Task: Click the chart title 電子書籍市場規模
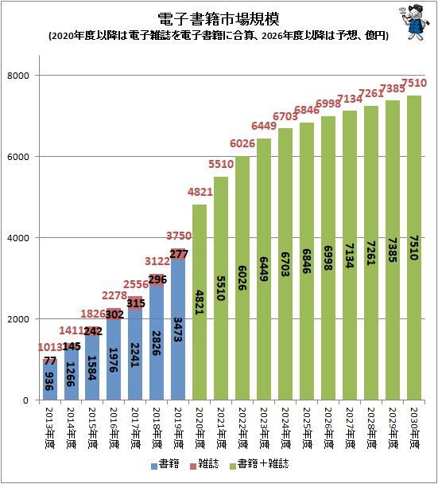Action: coord(219,19)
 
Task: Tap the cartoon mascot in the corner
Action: coord(414,22)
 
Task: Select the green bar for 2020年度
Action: coord(200,302)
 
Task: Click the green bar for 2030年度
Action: coord(414,248)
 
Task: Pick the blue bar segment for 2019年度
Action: coord(178,330)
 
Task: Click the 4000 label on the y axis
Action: coord(17,238)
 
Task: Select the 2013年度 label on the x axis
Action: coord(49,428)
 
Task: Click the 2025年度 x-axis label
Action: coord(307,428)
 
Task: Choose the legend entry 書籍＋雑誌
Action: coord(259,464)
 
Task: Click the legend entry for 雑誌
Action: coord(204,464)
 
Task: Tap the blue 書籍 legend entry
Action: coord(165,464)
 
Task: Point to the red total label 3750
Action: coord(179,236)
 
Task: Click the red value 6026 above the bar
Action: coord(242,143)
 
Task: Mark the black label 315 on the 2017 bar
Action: coord(136,303)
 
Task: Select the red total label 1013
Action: coord(50,348)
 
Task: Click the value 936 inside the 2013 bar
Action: coord(49,381)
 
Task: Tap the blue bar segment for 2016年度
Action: coord(114,360)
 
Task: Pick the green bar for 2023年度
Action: coord(264,269)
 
